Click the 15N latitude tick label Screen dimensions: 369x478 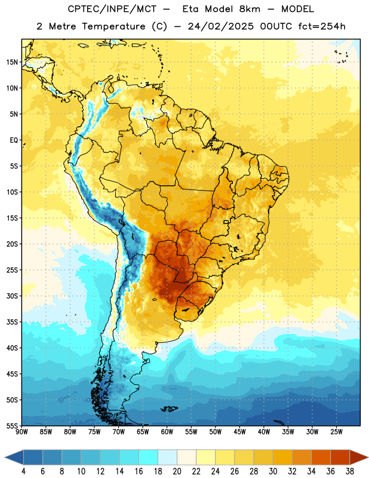pos(12,62)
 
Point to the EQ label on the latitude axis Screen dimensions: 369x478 pos(14,140)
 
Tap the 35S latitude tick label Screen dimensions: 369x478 pos(12,322)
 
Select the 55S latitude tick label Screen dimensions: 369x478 pos(12,425)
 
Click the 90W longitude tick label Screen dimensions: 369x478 pos(21,432)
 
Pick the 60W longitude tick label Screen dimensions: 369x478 pos(167,432)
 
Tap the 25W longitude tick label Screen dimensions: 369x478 pos(336,432)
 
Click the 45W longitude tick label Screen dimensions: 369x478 pos(239,432)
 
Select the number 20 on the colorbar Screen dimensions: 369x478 pos(177,471)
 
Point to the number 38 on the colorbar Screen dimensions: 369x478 pos(349,471)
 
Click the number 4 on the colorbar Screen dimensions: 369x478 pos(23,471)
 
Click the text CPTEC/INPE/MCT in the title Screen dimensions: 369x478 pos(112,9)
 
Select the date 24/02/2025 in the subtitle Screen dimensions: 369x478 pos(220,26)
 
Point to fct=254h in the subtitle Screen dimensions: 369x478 pos(322,26)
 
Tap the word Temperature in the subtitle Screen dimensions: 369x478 pos(113,26)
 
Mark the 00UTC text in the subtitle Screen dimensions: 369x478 pos(276,26)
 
